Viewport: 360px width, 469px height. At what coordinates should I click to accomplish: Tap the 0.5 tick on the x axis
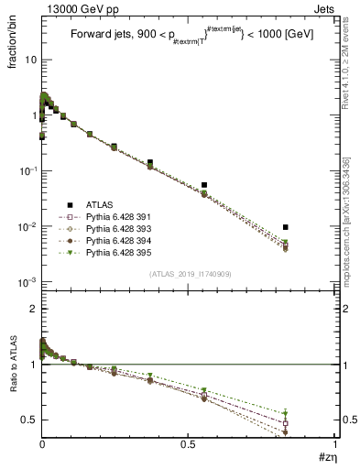point(189,445)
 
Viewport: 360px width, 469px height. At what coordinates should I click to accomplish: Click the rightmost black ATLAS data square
point(286,227)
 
